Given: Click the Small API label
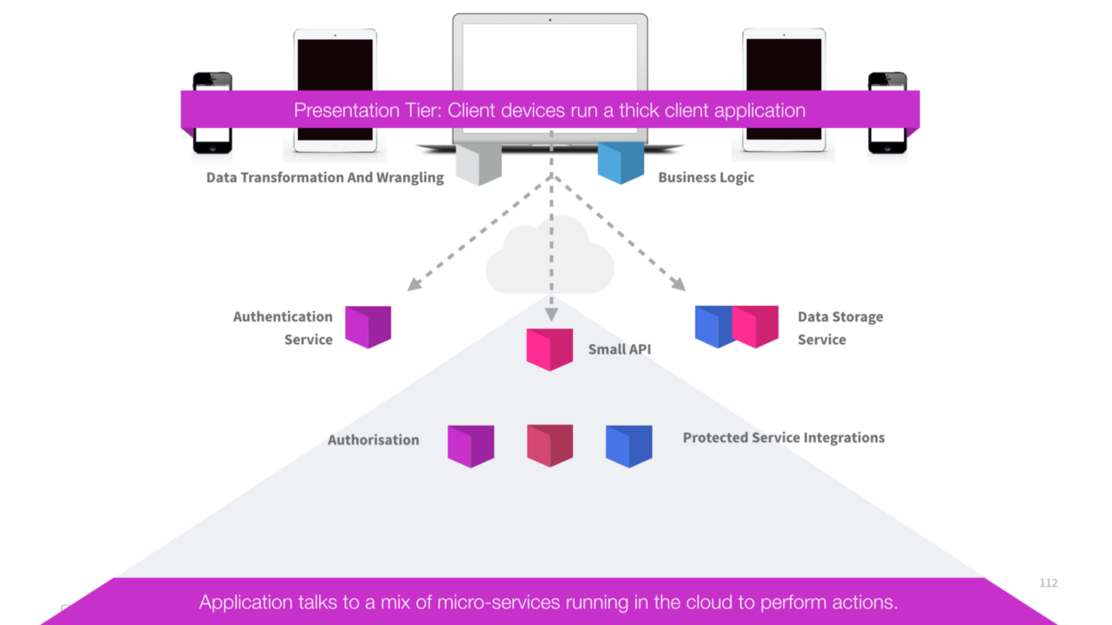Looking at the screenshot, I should (x=619, y=349).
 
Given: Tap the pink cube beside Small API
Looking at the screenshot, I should (x=550, y=349).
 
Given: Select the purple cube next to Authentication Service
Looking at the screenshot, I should (x=368, y=326).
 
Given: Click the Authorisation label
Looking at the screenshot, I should (x=373, y=440).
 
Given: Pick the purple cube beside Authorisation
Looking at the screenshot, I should (x=471, y=445).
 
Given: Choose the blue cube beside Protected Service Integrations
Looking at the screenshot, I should (x=629, y=445).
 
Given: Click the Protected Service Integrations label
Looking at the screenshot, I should (x=783, y=437).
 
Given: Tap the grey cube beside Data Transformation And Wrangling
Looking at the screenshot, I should (x=479, y=164).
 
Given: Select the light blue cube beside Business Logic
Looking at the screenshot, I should (x=620, y=163).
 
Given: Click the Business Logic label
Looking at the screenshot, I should (x=705, y=178).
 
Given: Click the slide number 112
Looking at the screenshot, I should (x=1048, y=583).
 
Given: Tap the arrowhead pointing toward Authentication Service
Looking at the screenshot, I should (x=414, y=284).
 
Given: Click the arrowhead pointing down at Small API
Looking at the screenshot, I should (x=552, y=315).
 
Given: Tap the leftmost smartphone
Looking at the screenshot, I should (x=213, y=114).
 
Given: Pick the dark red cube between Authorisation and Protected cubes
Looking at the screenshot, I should (x=550, y=445).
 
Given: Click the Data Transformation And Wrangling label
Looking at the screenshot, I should (x=325, y=178).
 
